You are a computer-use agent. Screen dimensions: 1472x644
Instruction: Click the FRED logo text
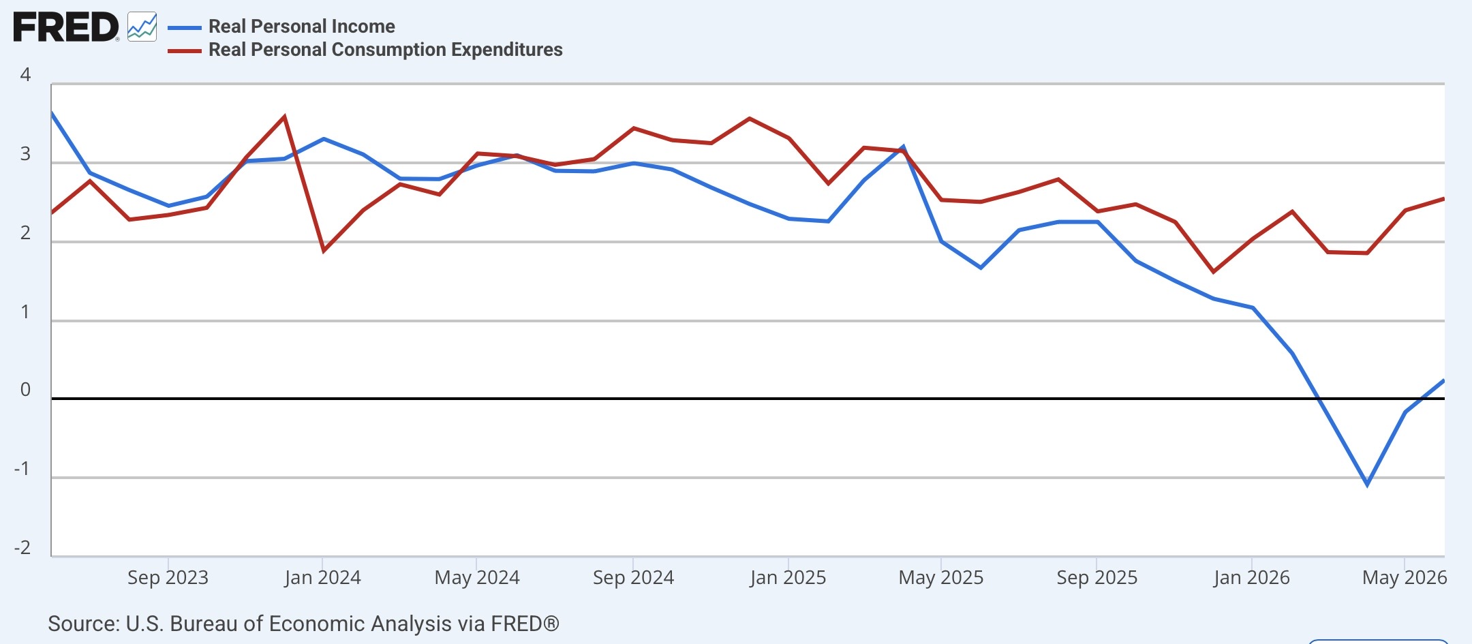[x=66, y=27]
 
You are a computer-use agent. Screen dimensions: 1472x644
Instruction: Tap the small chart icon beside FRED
[x=142, y=27]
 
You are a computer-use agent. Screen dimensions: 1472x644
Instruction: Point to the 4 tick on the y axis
[x=25, y=75]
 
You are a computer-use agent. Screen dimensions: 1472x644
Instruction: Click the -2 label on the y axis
[x=22, y=548]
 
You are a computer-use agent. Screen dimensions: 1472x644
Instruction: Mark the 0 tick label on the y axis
[x=25, y=390]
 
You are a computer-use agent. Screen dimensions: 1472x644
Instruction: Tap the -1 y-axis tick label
[x=22, y=469]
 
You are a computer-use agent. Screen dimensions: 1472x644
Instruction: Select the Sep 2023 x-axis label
[x=168, y=578]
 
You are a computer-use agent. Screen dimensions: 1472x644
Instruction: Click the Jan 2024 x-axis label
[x=322, y=578]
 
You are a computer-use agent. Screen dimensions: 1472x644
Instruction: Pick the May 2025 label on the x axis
[x=941, y=578]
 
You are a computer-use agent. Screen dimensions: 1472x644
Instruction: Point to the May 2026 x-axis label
[x=1405, y=578]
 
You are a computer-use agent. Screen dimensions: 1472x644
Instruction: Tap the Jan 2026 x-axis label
[x=1251, y=578]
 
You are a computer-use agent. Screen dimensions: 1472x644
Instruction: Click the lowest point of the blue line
[x=1367, y=485]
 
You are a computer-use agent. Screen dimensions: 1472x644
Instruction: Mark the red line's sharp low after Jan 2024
[x=324, y=251]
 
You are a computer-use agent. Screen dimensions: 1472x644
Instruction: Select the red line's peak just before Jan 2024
[x=284, y=117]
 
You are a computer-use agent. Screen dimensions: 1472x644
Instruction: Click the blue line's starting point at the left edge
[x=52, y=112]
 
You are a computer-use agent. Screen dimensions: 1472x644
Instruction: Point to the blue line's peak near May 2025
[x=903, y=147]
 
